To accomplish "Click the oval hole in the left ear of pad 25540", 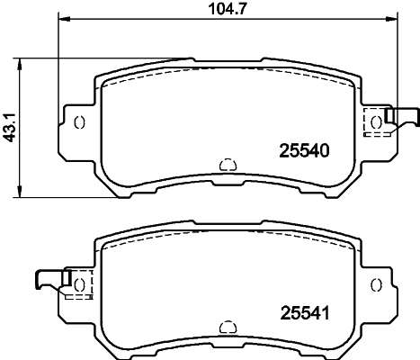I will [79, 122].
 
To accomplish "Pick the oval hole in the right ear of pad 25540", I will [375, 122].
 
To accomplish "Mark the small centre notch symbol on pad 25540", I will [228, 164].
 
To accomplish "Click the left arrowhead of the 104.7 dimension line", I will [64, 21].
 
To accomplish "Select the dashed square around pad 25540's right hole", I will [375, 122].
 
